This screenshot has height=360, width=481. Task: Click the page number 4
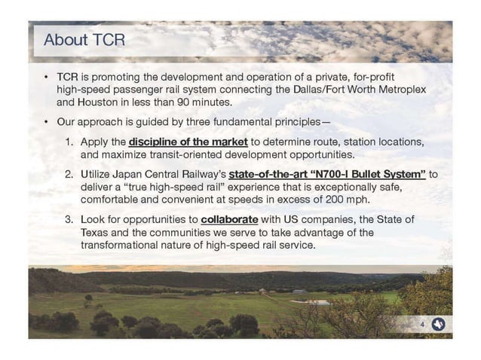click(423, 325)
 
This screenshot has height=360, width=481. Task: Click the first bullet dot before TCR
click(46, 78)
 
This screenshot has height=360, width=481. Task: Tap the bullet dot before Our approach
click(46, 121)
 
